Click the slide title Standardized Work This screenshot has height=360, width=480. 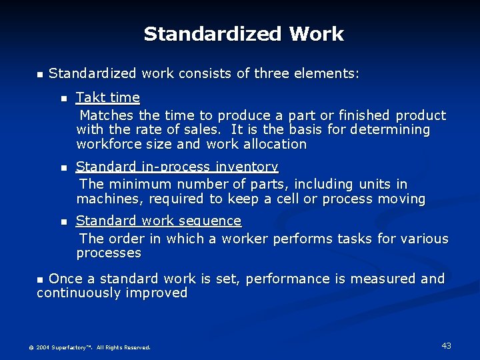[243, 34]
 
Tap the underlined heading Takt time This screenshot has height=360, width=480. [108, 98]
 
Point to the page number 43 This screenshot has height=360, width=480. [446, 345]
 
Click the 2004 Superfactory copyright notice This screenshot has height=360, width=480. [89, 347]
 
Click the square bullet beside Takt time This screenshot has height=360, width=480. [64, 99]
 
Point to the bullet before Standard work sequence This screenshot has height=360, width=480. [64, 221]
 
